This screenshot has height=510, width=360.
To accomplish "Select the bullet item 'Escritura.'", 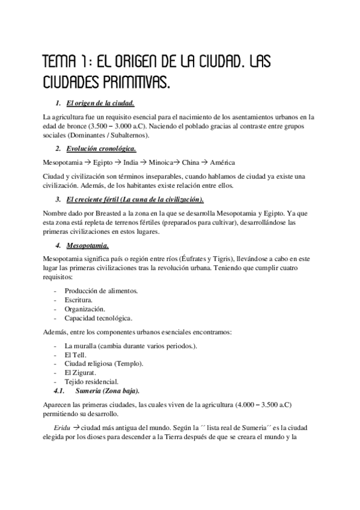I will tap(81, 300).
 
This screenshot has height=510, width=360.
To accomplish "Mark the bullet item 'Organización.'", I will tap(84, 309).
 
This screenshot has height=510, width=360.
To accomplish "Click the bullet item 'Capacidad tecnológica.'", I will tap(98, 318).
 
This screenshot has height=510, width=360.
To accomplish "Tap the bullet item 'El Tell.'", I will tap(75, 355).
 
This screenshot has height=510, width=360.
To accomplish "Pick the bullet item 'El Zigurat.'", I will tap(81, 372).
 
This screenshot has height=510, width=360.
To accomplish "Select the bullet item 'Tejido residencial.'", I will tap(91, 381).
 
